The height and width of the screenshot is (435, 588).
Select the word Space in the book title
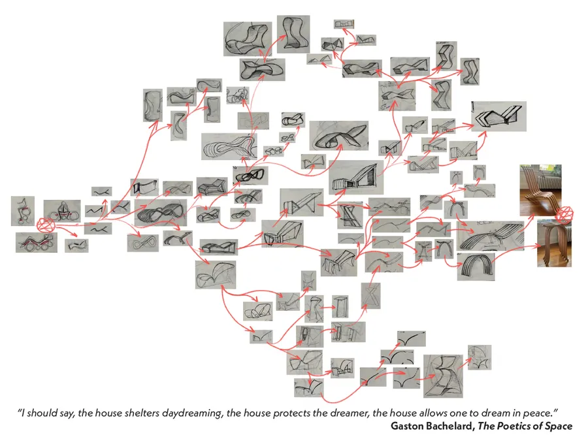click(x=559, y=427)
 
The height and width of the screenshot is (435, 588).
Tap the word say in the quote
click(x=69, y=413)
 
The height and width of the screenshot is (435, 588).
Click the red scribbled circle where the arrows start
click(x=46, y=226)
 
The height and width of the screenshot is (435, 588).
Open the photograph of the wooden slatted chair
click(x=540, y=190)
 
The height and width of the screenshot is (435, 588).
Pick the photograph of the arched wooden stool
click(x=554, y=244)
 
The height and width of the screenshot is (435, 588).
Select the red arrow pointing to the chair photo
click(x=529, y=225)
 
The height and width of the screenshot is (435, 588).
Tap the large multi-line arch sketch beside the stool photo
click(x=476, y=266)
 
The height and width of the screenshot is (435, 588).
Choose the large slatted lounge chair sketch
click(x=491, y=236)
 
